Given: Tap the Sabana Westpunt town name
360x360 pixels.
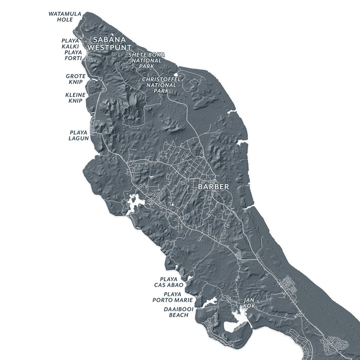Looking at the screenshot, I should tap(106, 43).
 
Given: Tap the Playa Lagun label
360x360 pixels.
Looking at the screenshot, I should tap(79, 135).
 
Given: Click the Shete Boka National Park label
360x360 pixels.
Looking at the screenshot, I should tap(145, 60).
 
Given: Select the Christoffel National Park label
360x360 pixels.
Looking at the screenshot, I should tap(161, 85).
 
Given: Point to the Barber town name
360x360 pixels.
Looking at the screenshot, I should tap(213, 187).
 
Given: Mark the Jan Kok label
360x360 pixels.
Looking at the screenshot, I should tap(249, 303).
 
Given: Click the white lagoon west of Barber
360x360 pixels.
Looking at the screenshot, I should tap(136, 203).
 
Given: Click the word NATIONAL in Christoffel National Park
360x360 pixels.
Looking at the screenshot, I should tap(161, 85).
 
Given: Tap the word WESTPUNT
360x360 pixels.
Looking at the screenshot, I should tap(106, 47).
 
